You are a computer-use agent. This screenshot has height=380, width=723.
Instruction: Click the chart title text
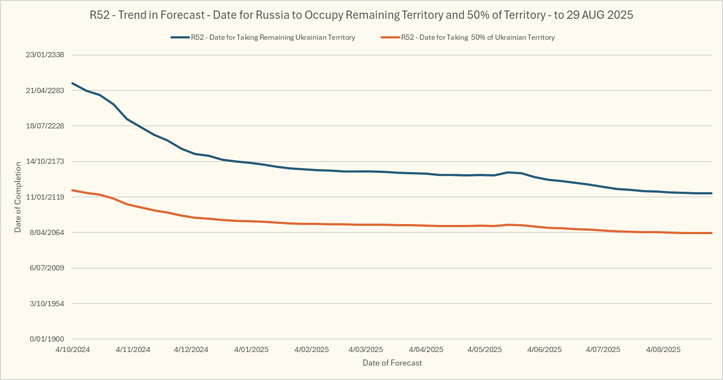(x=361, y=15)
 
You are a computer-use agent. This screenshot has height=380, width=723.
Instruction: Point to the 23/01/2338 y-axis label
(x=45, y=55)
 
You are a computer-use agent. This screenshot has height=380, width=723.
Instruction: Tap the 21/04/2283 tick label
(x=45, y=90)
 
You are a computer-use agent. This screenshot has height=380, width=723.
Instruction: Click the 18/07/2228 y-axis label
(x=45, y=126)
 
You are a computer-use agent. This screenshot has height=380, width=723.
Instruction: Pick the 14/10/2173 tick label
(x=45, y=162)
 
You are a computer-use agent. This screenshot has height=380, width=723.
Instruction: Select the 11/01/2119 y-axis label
(x=45, y=197)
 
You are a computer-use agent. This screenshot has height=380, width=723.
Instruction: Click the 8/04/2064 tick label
(x=47, y=232)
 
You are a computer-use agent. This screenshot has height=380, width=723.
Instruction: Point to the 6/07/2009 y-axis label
(x=47, y=268)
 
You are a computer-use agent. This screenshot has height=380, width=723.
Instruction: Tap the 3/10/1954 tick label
(x=47, y=304)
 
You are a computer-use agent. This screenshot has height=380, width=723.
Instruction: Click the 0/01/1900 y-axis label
(x=47, y=339)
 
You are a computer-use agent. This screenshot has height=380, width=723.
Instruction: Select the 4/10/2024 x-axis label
(x=73, y=350)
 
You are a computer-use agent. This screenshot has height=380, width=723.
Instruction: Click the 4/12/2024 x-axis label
(x=191, y=350)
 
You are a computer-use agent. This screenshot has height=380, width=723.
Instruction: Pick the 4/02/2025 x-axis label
(x=311, y=350)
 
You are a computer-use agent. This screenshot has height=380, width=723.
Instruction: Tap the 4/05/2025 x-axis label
(x=484, y=350)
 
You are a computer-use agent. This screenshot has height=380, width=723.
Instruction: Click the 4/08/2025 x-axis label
(x=663, y=350)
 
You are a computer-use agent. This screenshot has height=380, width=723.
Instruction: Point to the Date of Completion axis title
(x=18, y=197)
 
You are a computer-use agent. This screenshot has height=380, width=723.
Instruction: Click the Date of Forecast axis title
(x=392, y=363)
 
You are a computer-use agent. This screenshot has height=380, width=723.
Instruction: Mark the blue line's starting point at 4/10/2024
(x=73, y=83)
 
